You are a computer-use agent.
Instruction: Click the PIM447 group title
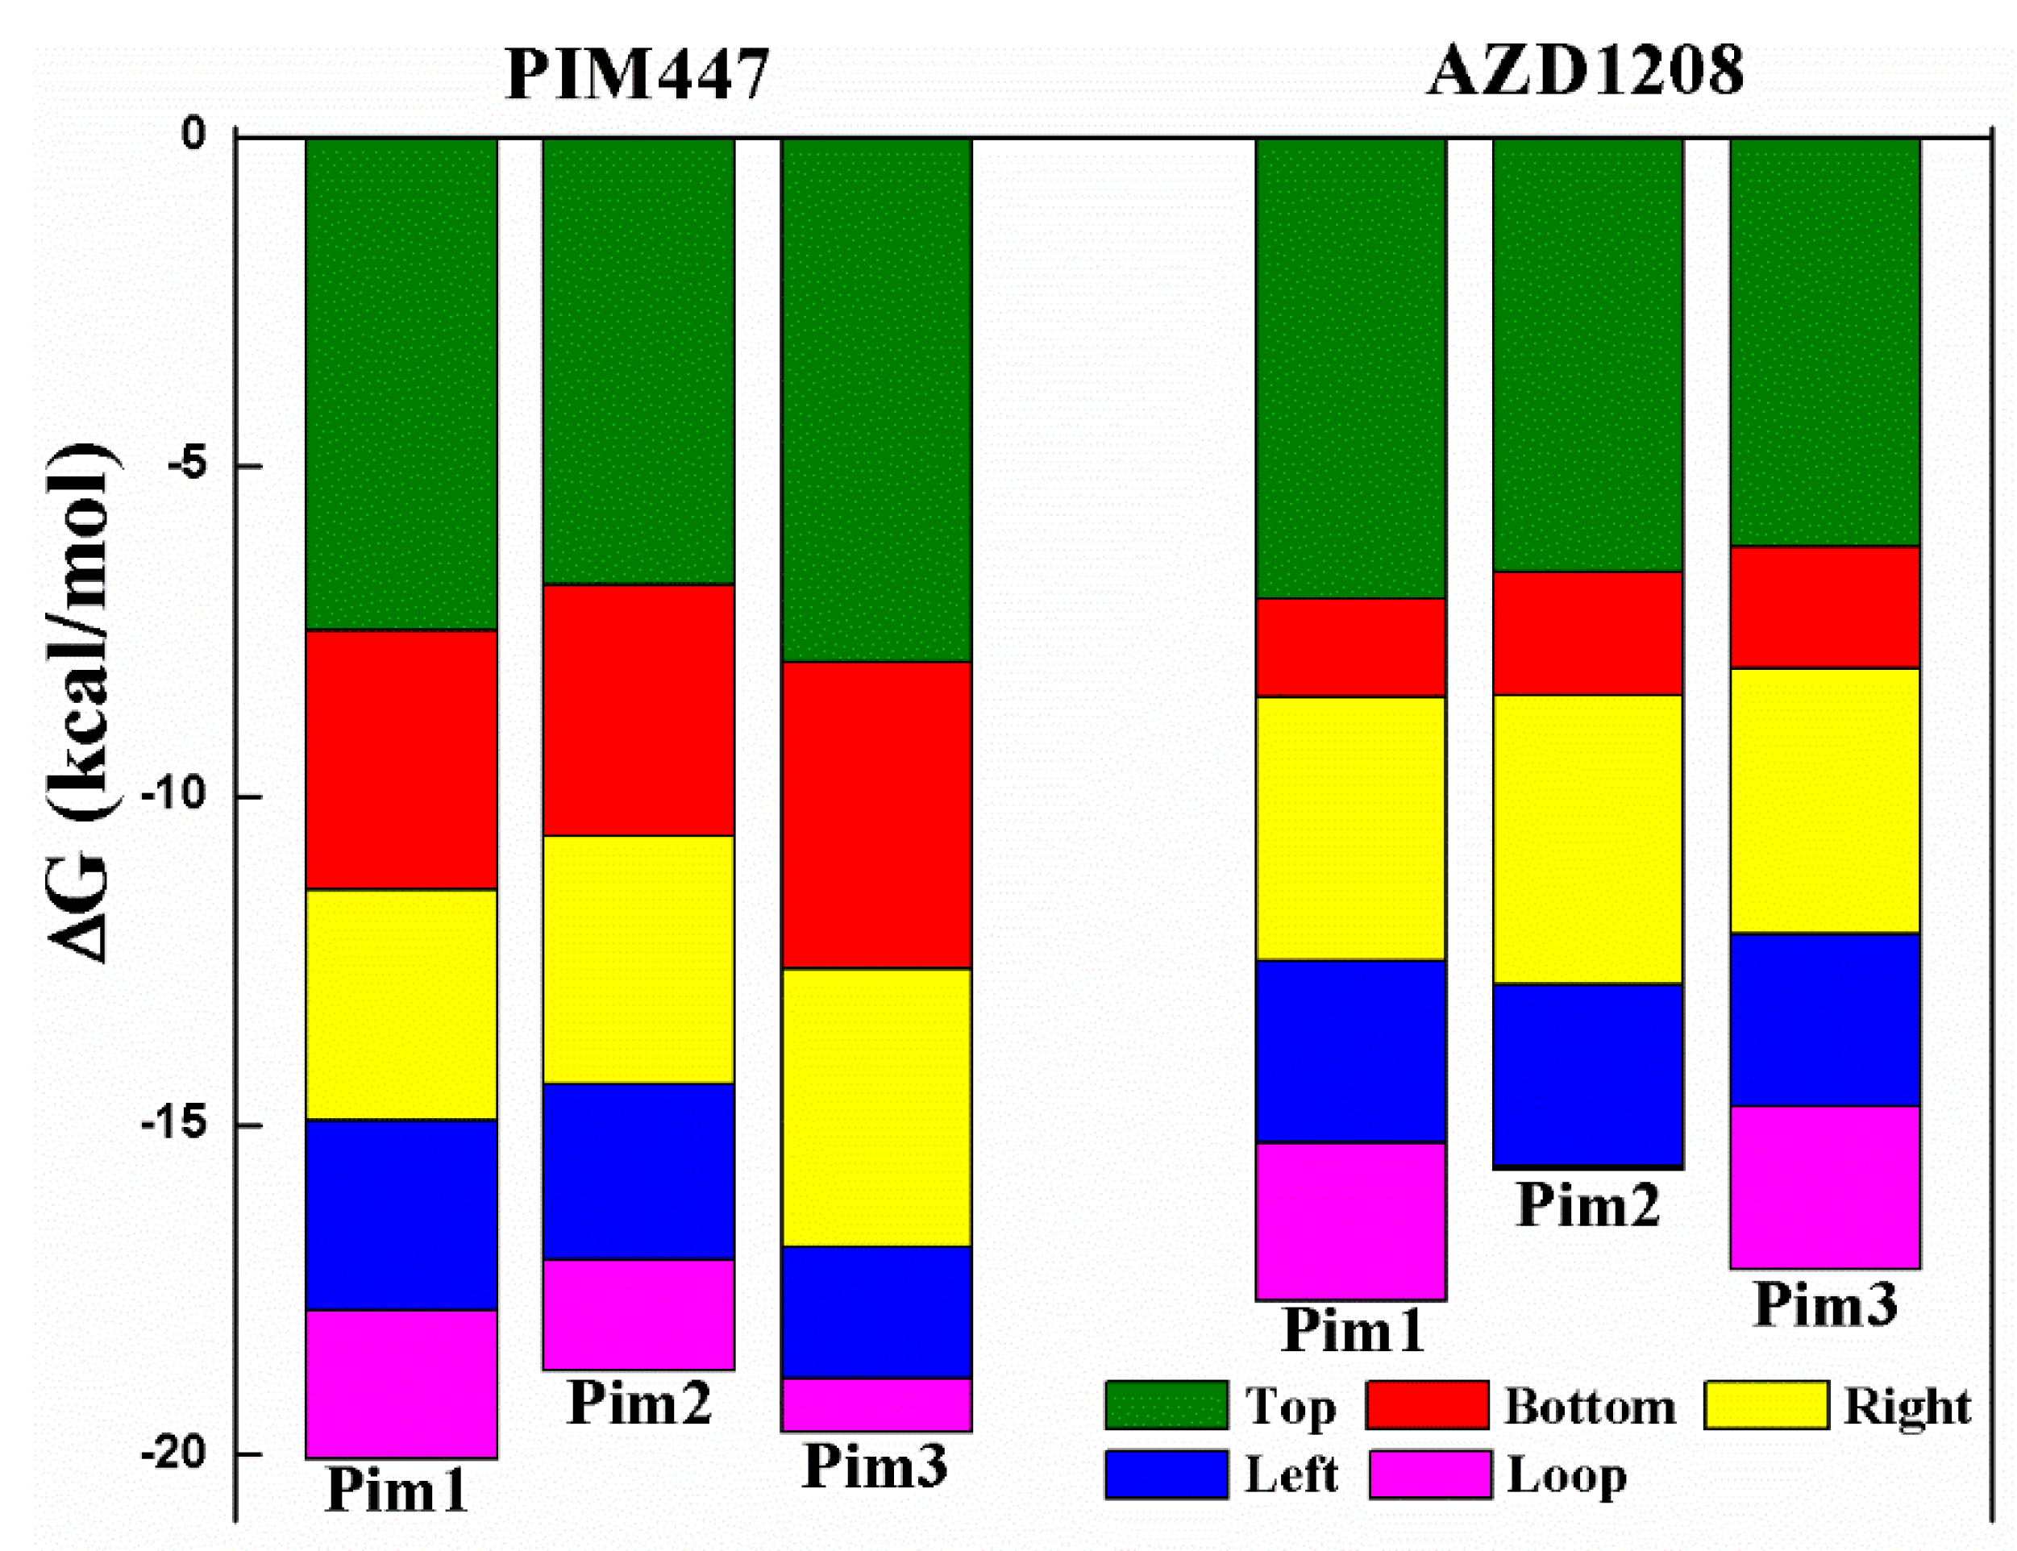(x=637, y=74)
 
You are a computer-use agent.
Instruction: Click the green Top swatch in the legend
(x=1166, y=1405)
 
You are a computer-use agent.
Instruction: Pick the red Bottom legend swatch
(x=1427, y=1405)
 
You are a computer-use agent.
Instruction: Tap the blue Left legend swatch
(x=1166, y=1474)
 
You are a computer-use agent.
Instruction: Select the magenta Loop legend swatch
(x=1430, y=1474)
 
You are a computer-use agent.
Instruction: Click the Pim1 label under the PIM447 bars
(x=397, y=1489)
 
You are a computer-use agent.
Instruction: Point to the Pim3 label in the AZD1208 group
(x=1824, y=1304)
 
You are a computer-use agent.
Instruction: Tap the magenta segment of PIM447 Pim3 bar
(x=876, y=1404)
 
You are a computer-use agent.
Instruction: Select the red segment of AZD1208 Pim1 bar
(x=1350, y=647)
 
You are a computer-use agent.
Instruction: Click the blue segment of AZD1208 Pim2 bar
(x=1588, y=1075)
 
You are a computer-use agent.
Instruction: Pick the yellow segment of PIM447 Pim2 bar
(x=638, y=959)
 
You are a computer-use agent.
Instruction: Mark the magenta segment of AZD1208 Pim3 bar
(x=1824, y=1187)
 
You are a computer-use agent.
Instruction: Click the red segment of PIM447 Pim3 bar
(x=876, y=815)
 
